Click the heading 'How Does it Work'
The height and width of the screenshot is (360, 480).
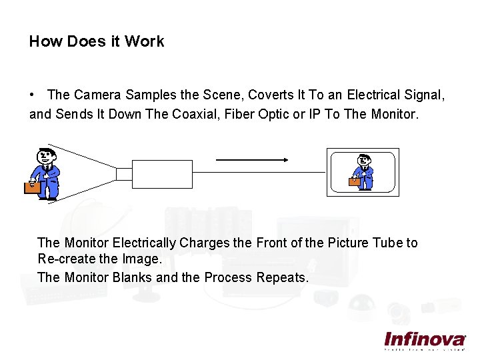tap(97, 41)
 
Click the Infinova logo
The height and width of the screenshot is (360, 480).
tap(425, 339)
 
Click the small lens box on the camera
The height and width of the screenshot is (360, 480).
tap(124, 173)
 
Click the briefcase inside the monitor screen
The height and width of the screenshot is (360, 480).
tap(354, 181)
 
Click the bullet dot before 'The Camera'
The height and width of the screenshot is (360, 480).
tap(32, 96)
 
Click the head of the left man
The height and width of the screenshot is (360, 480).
tap(44, 155)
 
